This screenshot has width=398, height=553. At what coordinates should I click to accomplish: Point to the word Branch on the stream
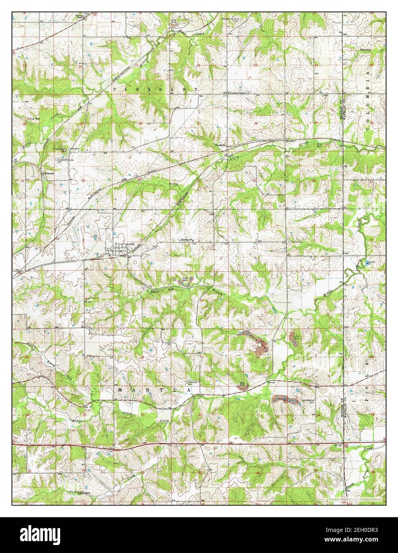[212, 292]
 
